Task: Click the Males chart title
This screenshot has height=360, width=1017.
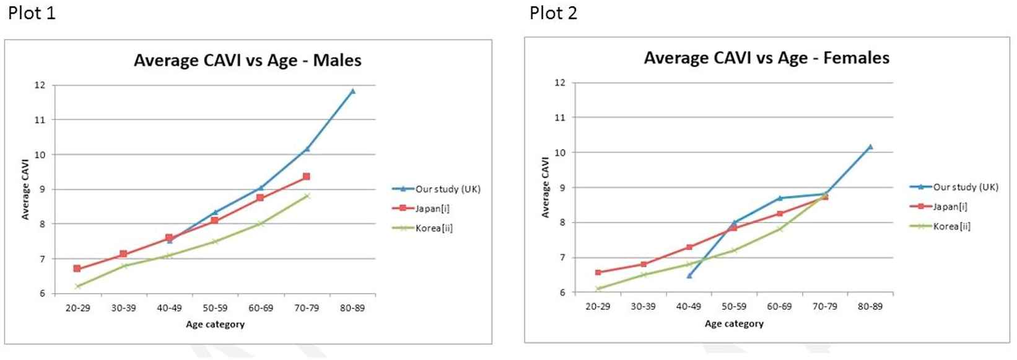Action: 247,61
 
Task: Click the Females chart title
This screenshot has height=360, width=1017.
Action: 766,58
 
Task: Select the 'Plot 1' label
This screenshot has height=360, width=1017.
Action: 32,13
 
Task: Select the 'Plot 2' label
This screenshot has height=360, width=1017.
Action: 553,13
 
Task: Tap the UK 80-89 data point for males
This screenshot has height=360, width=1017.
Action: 352,91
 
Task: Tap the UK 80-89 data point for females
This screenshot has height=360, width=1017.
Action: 870,147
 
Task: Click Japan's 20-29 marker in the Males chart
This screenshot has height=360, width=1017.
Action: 77,268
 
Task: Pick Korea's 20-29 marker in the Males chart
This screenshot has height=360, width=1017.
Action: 78,286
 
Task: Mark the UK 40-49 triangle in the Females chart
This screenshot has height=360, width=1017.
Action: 689,275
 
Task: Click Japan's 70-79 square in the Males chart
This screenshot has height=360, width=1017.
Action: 307,177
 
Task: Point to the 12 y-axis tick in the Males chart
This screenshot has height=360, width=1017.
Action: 40,86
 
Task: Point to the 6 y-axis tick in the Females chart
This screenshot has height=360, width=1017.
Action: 562,292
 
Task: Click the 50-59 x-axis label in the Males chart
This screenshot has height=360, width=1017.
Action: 215,308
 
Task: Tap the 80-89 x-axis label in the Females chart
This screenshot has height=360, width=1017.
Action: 870,306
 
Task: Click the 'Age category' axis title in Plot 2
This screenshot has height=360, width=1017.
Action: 734,323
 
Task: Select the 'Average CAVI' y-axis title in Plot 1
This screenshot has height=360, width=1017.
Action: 25,189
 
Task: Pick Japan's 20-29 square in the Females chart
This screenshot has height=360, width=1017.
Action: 598,273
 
